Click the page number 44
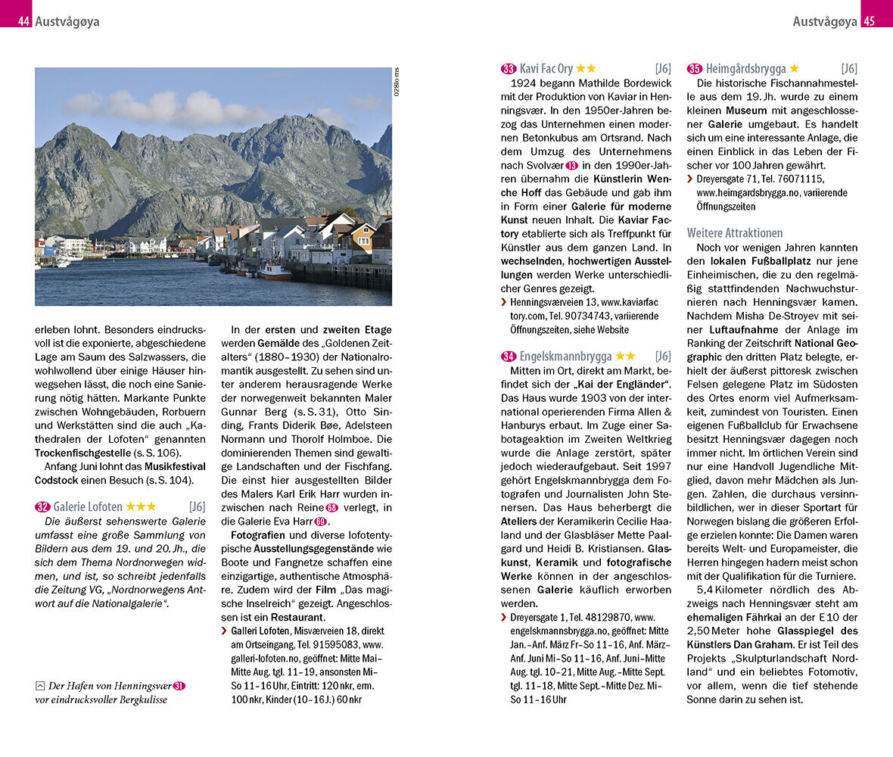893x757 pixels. (x=23, y=21)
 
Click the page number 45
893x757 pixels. (x=869, y=21)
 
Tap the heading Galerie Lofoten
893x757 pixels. (x=88, y=506)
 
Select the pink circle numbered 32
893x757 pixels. (x=42, y=507)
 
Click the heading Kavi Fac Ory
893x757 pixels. (x=546, y=68)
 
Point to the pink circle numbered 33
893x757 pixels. (x=509, y=69)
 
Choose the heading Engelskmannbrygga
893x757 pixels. (x=565, y=356)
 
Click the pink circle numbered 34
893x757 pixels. (x=509, y=357)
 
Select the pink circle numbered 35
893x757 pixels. (x=695, y=69)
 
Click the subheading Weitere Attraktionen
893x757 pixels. (x=735, y=232)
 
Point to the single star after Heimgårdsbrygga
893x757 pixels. (x=794, y=68)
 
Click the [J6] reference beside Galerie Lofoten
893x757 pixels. (x=197, y=506)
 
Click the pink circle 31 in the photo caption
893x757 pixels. (x=179, y=687)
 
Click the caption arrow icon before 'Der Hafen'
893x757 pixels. (x=40, y=686)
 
